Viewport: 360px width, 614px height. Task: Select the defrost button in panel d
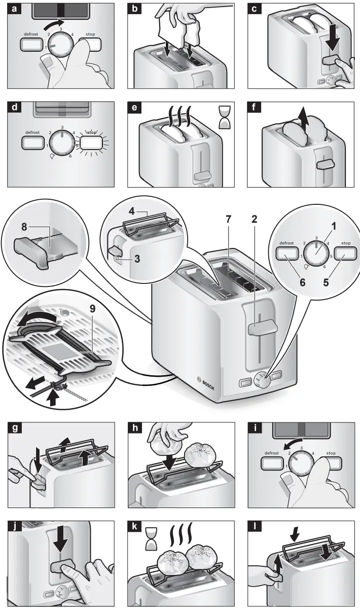(32, 141)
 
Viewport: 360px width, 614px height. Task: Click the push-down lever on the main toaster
(262, 329)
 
